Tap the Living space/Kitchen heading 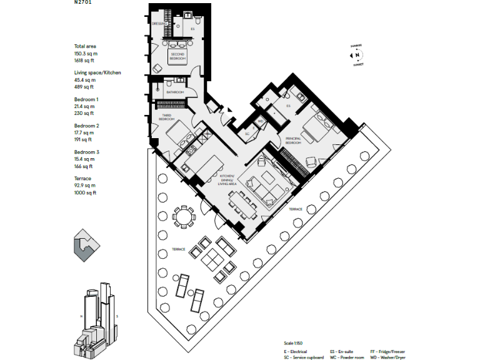(97, 73)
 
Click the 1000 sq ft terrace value (85, 192)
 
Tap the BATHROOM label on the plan (175, 92)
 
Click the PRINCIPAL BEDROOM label (294, 141)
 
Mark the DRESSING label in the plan (159, 24)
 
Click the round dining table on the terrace (183, 217)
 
